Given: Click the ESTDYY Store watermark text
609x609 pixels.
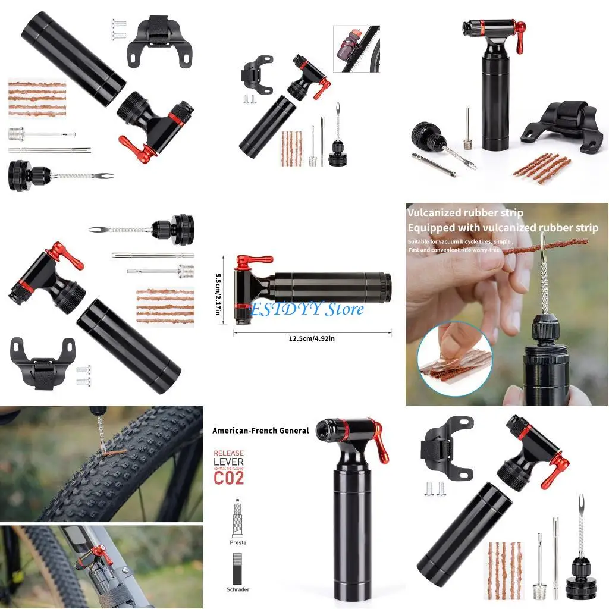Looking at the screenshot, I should (x=307, y=309).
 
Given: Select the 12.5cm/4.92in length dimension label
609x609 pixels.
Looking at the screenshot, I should (x=312, y=338).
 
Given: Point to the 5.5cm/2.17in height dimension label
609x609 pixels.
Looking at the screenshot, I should (x=224, y=290).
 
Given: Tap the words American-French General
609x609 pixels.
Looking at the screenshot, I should (x=260, y=430).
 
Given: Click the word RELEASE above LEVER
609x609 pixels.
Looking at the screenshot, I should (x=228, y=453).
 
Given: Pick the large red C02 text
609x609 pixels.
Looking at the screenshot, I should (x=229, y=478).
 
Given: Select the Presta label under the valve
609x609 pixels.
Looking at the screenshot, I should (x=237, y=542).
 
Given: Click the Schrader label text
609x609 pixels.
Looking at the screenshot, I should (x=237, y=589).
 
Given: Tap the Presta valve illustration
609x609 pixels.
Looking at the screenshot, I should (x=237, y=518).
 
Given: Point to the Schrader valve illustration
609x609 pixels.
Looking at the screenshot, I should (x=237, y=568).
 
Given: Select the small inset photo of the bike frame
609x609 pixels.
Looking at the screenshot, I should (x=356, y=48).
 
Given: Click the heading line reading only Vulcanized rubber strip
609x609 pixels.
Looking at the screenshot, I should (x=465, y=213).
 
